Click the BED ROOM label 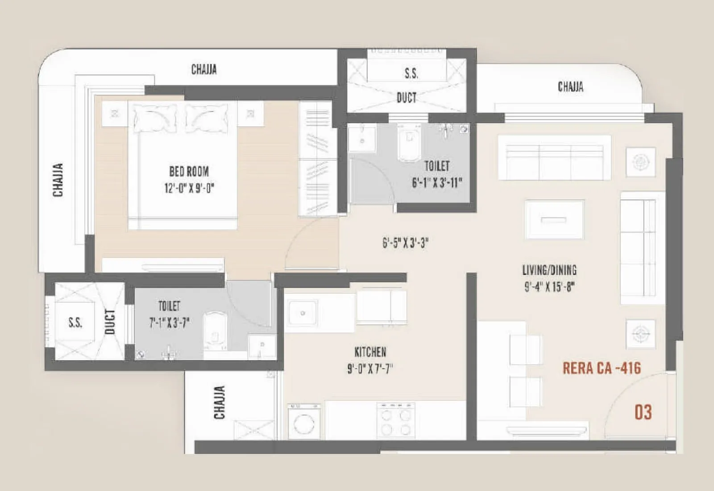189,171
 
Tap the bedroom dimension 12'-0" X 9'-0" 189,188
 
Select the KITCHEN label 370,352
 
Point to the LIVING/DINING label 549,270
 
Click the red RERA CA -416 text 602,368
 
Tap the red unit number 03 643,412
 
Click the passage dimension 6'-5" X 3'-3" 405,243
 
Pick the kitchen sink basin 302,313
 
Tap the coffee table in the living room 554,219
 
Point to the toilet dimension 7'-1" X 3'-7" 169,322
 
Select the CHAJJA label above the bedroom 204,70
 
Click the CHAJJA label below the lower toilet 220,403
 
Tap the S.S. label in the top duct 411,74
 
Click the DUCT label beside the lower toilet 110,321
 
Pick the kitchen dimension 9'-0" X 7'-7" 370,369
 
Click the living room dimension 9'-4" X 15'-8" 549,287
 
